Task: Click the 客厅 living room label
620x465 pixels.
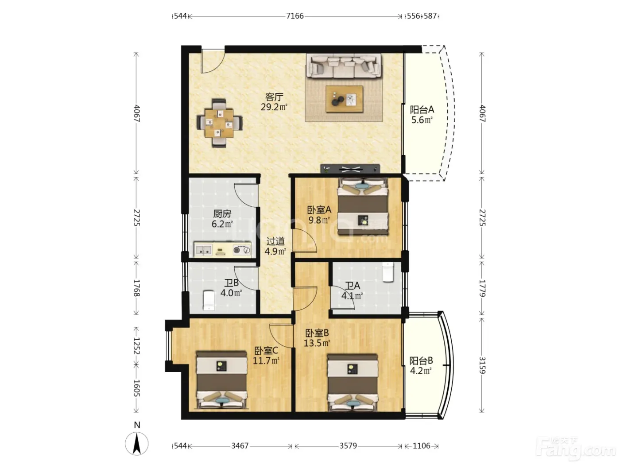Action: point(274,97)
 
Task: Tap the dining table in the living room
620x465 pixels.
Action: point(219,123)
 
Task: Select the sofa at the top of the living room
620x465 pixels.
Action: point(344,66)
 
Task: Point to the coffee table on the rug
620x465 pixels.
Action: point(344,99)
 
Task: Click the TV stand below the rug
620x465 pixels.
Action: point(350,169)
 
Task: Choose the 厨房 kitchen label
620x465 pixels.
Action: point(222,214)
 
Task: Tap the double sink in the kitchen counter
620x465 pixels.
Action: point(203,250)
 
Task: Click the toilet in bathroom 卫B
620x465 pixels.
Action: point(209,300)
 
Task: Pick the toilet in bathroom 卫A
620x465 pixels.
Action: point(388,272)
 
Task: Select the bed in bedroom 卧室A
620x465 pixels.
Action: point(363,207)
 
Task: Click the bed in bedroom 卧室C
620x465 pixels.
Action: point(221,380)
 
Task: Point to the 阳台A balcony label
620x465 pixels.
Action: point(422,109)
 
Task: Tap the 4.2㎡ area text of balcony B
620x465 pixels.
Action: point(421,371)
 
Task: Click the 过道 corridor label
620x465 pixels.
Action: point(275,241)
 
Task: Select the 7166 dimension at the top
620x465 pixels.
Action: point(295,16)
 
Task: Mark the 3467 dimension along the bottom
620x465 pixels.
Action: point(240,446)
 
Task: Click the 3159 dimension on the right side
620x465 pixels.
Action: point(482,365)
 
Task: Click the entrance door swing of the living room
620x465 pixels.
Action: point(213,62)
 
